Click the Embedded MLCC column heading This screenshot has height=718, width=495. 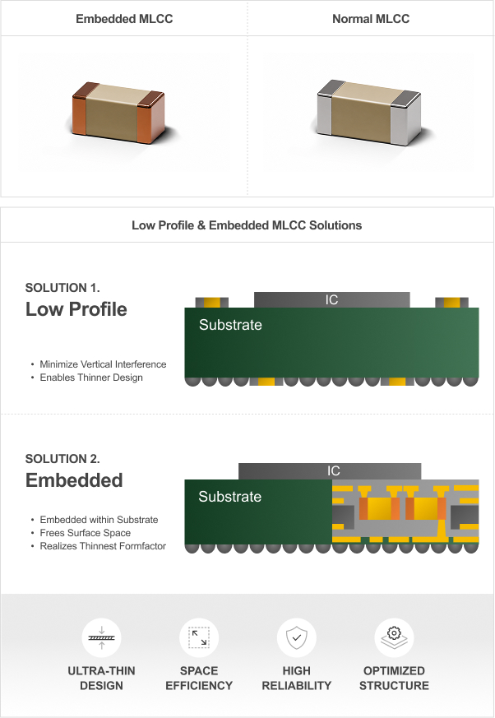click(x=124, y=19)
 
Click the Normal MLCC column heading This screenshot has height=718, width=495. click(x=371, y=19)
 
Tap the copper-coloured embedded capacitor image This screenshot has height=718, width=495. click(x=118, y=112)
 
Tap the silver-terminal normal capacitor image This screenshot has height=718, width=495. click(x=368, y=112)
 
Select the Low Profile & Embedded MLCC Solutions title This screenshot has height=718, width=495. click(x=247, y=225)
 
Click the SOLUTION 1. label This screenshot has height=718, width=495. click(x=62, y=288)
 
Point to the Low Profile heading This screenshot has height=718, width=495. click(x=76, y=309)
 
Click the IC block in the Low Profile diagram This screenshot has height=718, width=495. click(x=332, y=300)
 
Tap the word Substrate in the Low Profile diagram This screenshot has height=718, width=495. click(x=230, y=325)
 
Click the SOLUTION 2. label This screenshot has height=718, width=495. click(x=62, y=459)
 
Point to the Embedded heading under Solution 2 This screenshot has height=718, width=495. click(x=74, y=480)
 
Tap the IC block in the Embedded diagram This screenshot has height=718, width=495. click(x=330, y=471)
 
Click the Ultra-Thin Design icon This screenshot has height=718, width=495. click(x=102, y=637)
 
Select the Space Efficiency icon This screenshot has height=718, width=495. click(x=199, y=637)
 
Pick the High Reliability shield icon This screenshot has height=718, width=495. click(x=297, y=637)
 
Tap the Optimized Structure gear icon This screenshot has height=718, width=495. click(x=394, y=637)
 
